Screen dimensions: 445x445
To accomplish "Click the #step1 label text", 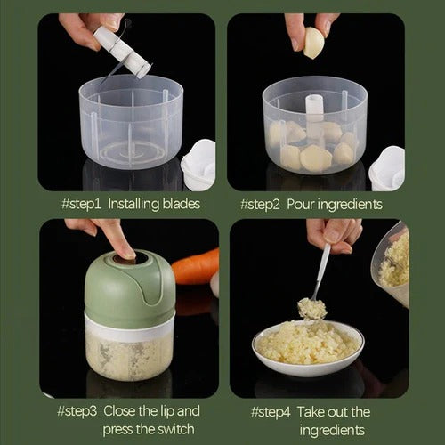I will pos(82,204).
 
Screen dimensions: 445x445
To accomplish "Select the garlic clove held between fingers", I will pos(314,42).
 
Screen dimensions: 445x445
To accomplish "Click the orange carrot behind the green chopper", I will pos(196,266).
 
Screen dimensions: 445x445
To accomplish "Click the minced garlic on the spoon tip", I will pos(311,308).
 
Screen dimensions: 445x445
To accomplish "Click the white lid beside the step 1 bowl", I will pos(198,165).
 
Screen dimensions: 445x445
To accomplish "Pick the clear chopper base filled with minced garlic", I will pos(128,352).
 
